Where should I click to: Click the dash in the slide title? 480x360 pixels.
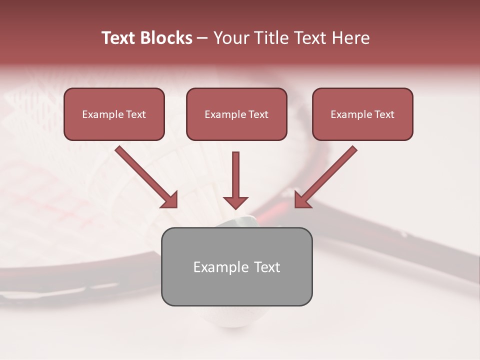[x=202, y=38]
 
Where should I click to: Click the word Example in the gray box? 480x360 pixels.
[x=221, y=267]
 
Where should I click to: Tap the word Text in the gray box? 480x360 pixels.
[x=267, y=267]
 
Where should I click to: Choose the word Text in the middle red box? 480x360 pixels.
[x=258, y=114]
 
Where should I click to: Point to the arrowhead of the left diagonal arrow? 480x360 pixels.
[x=170, y=200]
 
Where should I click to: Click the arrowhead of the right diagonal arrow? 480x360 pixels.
[x=302, y=200]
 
